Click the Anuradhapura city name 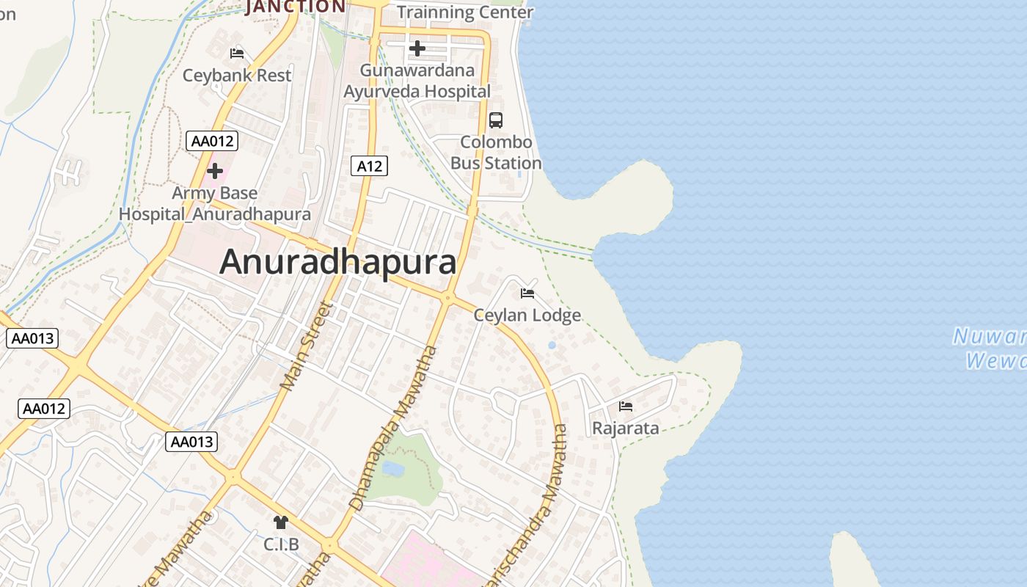pos(337,262)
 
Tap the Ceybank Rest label pos(237,75)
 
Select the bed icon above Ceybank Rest pos(237,53)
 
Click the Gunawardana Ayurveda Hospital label pos(417,81)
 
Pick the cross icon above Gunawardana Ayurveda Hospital pos(417,48)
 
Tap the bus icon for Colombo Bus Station pos(496,120)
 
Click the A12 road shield pos(369,166)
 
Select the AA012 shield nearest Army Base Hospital pos(212,141)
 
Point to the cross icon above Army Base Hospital pos(215,172)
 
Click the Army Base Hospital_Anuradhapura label pos(215,204)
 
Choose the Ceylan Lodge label pos(527,316)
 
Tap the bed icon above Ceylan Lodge pos(527,293)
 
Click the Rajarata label pos(625,429)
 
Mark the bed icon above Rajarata pos(625,406)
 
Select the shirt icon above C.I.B pos(281,522)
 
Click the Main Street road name pos(306,346)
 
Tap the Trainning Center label pos(465,12)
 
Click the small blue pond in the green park pos(393,468)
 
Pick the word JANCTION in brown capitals pos(296,7)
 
